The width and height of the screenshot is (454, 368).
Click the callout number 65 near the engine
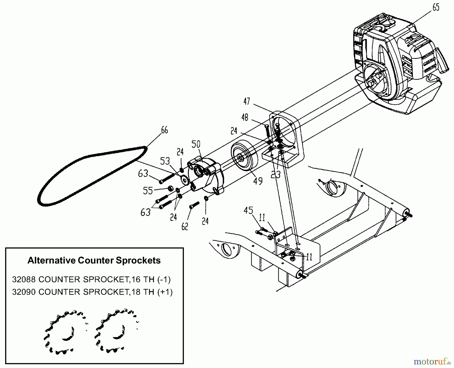pos(436,8)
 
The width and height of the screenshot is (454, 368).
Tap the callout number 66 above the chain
pos(164,130)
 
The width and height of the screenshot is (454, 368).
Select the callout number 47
pos(247,101)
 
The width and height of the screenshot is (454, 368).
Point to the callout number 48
pos(245,118)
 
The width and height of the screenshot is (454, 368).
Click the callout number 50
pos(196,144)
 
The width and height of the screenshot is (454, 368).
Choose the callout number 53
pos(165,161)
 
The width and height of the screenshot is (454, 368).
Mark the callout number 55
pos(148,191)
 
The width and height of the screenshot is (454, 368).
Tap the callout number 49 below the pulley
pos(258,181)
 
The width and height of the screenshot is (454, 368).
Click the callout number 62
pos(185,226)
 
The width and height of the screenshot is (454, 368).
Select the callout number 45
pos(248,210)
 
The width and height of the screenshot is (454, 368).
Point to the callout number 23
pos(276,174)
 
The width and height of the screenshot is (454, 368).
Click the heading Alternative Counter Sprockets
pos(94,260)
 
